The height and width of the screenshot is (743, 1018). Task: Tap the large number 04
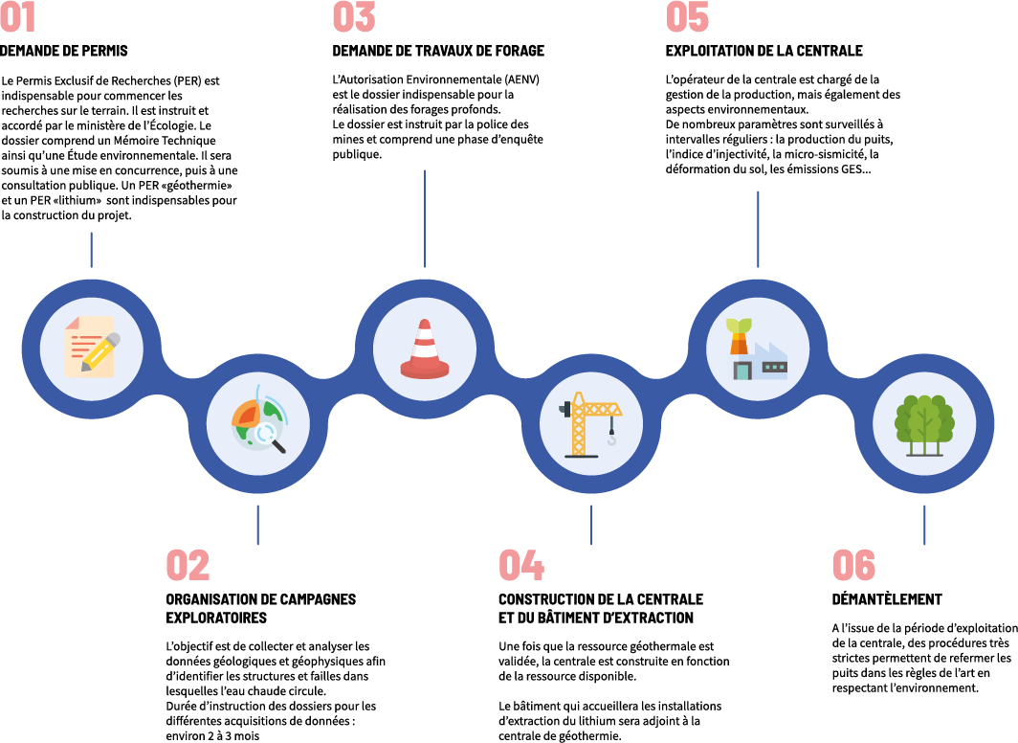pos(521,566)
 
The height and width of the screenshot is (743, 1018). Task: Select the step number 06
pos(853,566)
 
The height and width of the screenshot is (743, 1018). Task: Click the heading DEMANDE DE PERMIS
pos(64,51)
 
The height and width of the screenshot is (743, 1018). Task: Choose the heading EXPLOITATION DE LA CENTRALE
pos(763,51)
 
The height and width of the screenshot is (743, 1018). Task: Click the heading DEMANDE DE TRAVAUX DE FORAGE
pos(438,51)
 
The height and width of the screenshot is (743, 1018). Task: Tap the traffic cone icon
pos(425,348)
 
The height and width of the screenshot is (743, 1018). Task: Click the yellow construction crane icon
pos(590,424)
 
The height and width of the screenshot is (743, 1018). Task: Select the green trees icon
pos(924,425)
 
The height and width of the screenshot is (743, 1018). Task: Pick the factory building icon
pos(759,348)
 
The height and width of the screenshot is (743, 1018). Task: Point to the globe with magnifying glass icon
pos(258,424)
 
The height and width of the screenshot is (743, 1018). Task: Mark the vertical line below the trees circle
pos(924,525)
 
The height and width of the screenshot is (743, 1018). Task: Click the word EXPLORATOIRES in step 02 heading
pos(216,618)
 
